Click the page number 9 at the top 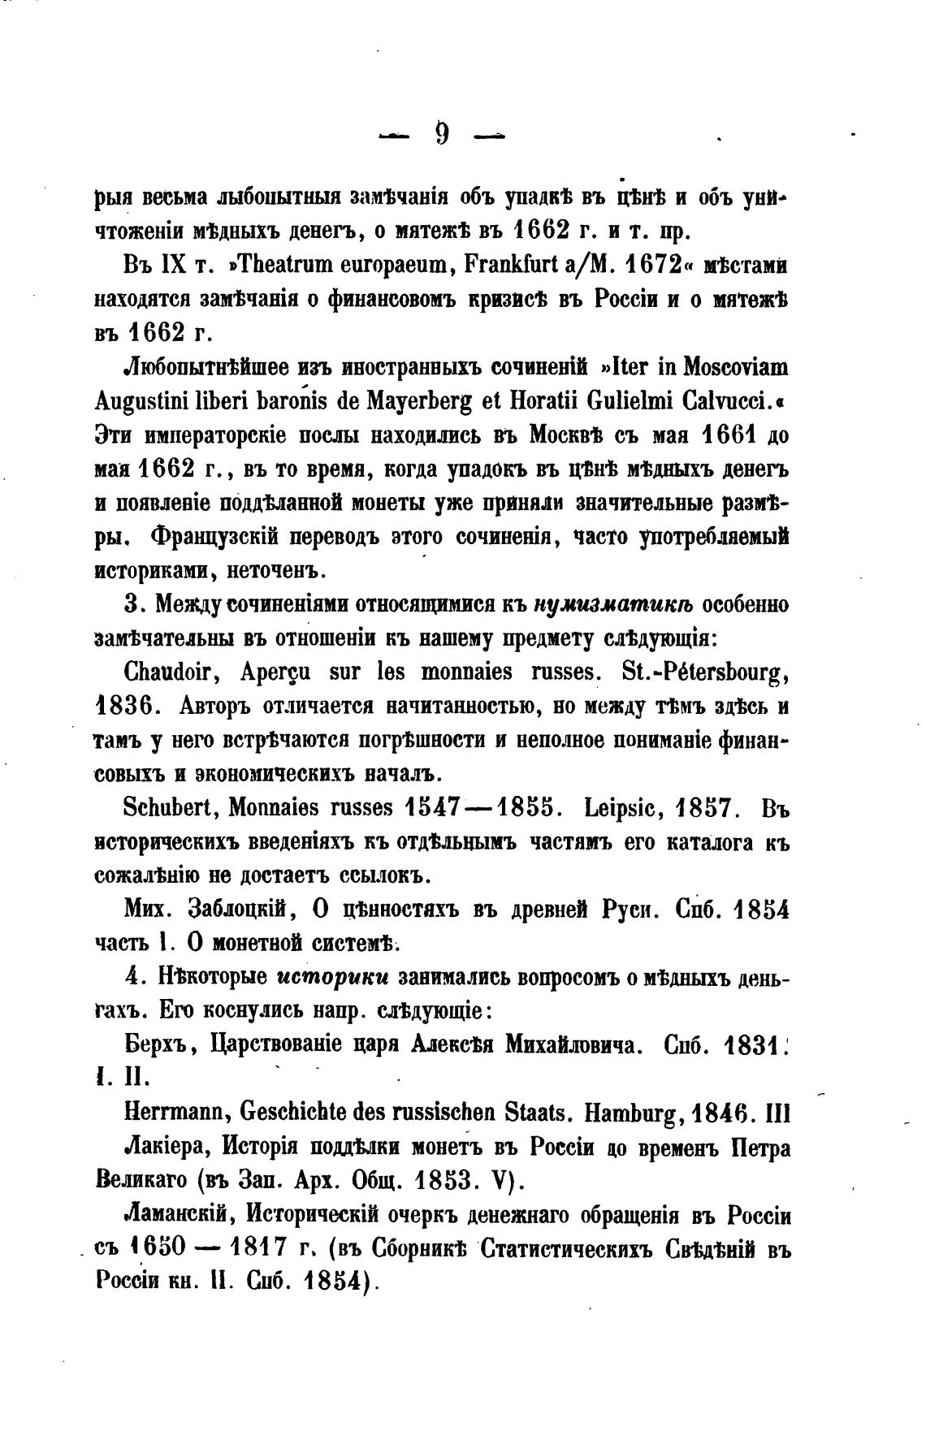tap(442, 133)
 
